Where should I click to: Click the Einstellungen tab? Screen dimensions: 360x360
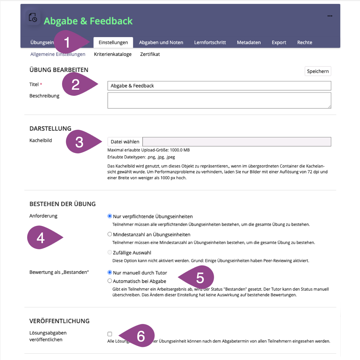click(113, 42)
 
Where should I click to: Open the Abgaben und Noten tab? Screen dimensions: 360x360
click(161, 42)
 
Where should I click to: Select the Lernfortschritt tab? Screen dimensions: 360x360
click(210, 42)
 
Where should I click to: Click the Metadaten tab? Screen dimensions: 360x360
click(249, 42)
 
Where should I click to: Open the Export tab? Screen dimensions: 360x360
click(279, 42)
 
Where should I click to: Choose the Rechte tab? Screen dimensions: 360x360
click(305, 42)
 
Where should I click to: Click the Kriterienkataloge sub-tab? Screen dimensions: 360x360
click(113, 54)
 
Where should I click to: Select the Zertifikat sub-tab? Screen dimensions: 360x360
click(150, 54)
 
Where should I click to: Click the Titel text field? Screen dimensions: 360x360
click(219, 86)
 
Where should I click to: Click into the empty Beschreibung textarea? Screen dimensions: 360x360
click(219, 100)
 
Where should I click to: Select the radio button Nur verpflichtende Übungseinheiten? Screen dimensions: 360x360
click(110, 216)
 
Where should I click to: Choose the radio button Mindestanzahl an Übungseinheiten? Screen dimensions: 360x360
click(110, 234)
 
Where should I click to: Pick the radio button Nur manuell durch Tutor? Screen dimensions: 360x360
click(110, 272)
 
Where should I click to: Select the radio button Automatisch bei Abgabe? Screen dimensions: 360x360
click(110, 281)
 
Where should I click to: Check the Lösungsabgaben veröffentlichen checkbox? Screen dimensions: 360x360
click(110, 334)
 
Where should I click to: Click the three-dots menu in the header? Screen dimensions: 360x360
click(330, 16)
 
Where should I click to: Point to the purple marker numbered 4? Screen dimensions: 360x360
click(42, 238)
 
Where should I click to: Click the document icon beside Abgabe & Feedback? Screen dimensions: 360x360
click(33, 18)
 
